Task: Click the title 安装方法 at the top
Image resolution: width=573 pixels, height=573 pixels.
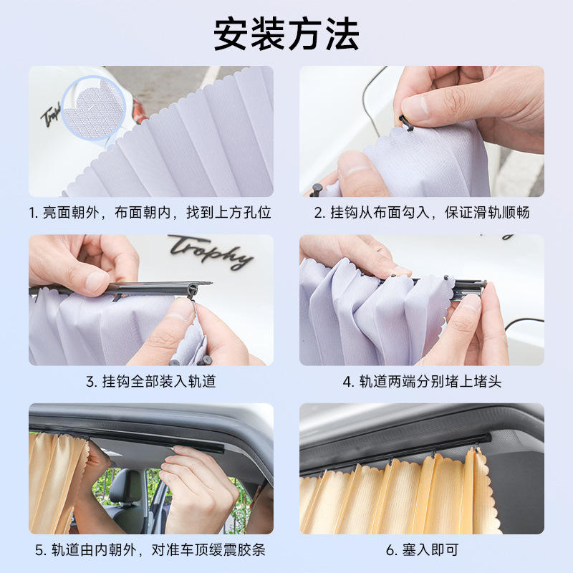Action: [286, 34]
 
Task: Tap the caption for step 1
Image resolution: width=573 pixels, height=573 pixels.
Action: [150, 213]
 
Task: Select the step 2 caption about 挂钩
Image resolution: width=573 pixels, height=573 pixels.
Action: [422, 213]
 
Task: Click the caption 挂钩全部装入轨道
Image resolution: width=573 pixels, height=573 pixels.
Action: [151, 382]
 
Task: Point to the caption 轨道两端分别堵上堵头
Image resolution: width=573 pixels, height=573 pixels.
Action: [422, 382]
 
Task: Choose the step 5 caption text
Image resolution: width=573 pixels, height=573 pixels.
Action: [150, 550]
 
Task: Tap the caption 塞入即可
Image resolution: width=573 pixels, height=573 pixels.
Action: [422, 550]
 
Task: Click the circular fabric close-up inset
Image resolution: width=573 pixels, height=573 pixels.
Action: [94, 107]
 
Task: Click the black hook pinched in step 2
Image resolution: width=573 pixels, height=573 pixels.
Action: [406, 122]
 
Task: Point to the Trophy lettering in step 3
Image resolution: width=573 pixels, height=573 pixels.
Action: [211, 252]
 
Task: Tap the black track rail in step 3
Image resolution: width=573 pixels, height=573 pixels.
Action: [120, 288]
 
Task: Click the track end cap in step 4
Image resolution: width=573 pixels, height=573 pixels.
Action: [471, 288]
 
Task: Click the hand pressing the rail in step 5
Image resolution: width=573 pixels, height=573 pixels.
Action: [199, 490]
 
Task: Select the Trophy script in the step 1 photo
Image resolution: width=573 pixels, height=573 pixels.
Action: [50, 115]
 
